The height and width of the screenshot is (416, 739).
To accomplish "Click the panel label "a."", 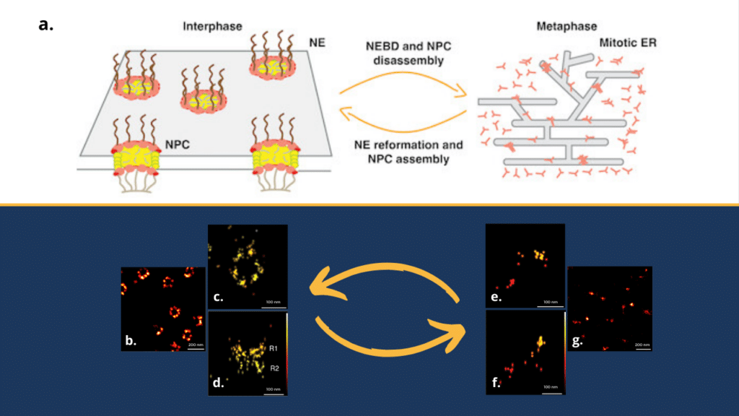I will [47, 25].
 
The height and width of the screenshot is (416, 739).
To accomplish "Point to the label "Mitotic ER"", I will [624, 43].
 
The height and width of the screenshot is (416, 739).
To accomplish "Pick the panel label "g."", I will [579, 339].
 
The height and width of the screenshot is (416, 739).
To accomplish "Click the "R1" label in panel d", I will [274, 349].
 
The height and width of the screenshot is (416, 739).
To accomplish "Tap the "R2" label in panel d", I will [274, 368].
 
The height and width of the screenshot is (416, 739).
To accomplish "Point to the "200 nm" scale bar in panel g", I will [642, 344].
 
